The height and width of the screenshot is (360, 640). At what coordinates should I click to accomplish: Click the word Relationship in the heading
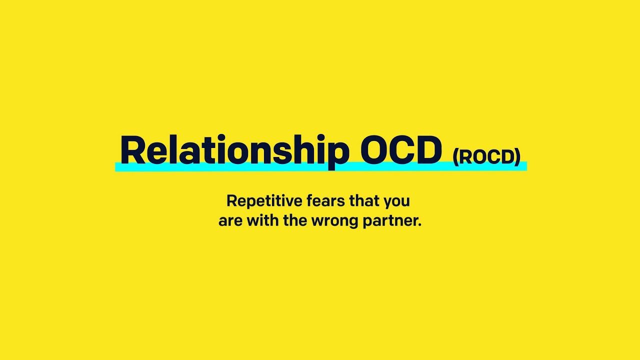[x=234, y=150]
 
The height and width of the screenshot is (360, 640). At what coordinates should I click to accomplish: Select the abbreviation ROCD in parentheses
[x=486, y=157]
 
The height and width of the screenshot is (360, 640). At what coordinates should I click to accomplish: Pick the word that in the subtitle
[x=364, y=201]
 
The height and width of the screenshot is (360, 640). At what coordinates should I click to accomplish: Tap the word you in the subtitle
[x=397, y=202]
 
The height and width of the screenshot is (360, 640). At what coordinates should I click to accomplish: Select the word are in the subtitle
[x=230, y=221]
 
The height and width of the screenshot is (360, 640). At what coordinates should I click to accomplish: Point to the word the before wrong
[x=295, y=220]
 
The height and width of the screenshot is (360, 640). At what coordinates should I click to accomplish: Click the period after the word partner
[x=419, y=225]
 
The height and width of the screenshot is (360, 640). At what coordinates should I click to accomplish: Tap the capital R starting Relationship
[x=131, y=150]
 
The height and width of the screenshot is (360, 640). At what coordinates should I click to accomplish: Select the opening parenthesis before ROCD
[x=455, y=157]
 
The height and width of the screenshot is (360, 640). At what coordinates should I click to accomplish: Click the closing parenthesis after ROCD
[x=517, y=157]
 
